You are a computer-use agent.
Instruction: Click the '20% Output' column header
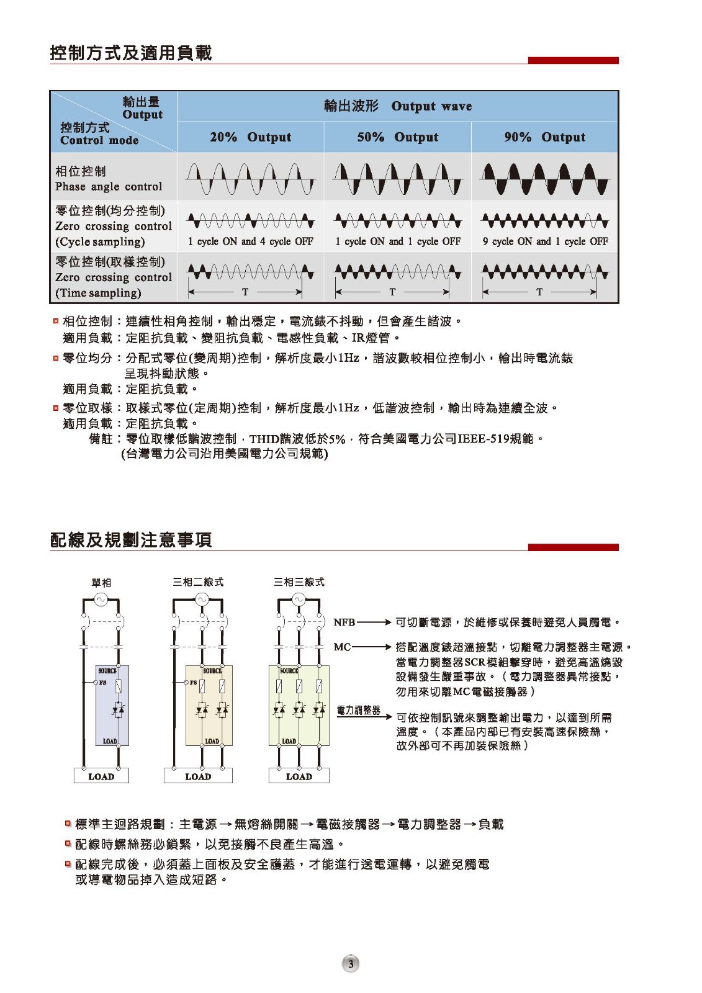coord(250,137)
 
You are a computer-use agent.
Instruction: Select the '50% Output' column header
coord(397,137)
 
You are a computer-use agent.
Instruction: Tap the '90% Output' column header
coord(544,137)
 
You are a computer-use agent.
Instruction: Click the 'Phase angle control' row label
coord(109,186)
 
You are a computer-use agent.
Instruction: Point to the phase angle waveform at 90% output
coord(545,179)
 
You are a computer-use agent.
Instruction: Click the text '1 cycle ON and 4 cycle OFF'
coord(250,241)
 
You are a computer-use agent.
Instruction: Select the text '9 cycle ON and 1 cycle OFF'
coord(545,241)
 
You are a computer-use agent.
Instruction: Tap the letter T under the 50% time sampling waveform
coord(392,292)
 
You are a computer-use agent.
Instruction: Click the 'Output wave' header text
coord(431,106)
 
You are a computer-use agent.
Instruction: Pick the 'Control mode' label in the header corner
coord(99,140)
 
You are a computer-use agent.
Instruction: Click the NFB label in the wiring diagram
coord(344,622)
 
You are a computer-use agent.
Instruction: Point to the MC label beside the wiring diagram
coord(342,647)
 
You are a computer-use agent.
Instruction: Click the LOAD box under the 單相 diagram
coord(101,776)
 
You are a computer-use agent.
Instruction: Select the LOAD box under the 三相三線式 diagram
coord(299,776)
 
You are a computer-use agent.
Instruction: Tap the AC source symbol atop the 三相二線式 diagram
coord(201,599)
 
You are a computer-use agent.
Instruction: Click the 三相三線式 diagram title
coord(299,582)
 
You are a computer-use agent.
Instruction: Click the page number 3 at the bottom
coord(351,964)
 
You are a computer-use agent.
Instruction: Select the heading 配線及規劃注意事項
coord(131,540)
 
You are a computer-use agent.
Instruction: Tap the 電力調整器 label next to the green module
coord(358,711)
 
